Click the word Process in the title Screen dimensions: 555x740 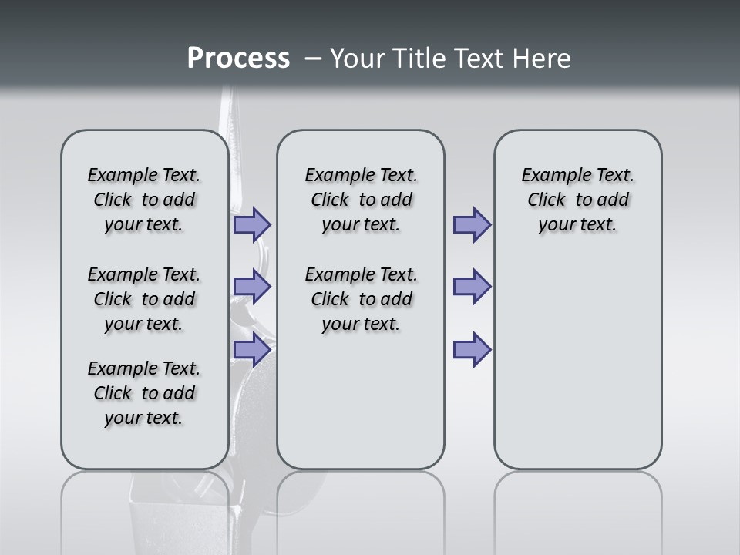click(238, 59)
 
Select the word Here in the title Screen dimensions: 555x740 click(540, 59)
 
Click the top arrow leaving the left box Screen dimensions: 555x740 click(252, 225)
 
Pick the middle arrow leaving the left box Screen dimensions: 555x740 click(252, 287)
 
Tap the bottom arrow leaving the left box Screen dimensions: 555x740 click(252, 349)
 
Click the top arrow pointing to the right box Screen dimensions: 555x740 click(472, 225)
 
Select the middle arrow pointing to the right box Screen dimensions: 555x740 click(472, 287)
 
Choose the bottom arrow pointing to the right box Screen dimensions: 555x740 click(472, 349)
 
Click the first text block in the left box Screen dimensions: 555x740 click(144, 200)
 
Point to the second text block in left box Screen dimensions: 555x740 click(144, 299)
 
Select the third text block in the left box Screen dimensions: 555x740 click(144, 393)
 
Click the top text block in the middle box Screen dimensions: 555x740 click(361, 200)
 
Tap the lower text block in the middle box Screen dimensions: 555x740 click(361, 299)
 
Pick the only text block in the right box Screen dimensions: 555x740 click(577, 200)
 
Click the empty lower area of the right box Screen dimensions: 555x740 click(577, 362)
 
